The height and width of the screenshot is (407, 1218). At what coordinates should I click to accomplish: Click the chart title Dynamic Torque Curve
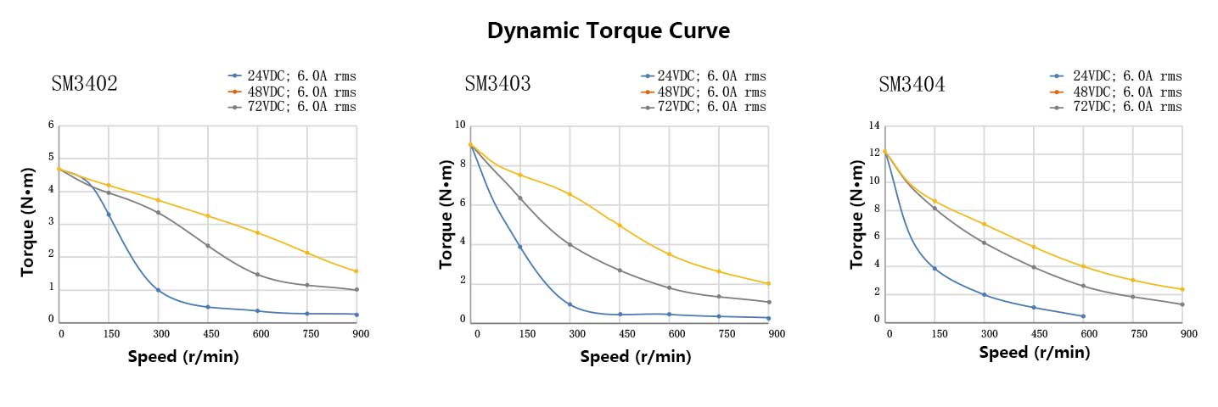[609, 31]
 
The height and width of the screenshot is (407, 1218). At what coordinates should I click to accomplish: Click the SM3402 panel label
[84, 84]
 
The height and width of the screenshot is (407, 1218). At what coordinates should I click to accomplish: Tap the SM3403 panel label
[497, 84]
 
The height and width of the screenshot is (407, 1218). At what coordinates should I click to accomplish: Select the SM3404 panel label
[912, 85]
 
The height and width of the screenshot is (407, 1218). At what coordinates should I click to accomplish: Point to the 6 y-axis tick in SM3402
[51, 125]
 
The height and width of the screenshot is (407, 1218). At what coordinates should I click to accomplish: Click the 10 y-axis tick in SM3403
[461, 125]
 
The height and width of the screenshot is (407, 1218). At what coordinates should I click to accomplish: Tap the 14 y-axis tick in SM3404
[873, 125]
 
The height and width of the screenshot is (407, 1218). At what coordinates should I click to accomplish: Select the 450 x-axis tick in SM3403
[626, 334]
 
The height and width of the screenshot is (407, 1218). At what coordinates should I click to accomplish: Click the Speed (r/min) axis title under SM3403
[636, 357]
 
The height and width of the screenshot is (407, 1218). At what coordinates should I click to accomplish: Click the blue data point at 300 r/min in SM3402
[158, 290]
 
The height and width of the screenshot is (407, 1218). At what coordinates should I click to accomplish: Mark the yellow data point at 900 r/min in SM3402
[356, 271]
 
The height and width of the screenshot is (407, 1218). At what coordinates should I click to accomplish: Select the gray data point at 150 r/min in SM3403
[519, 198]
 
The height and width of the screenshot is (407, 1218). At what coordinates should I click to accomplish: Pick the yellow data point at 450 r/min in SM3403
[620, 226]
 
